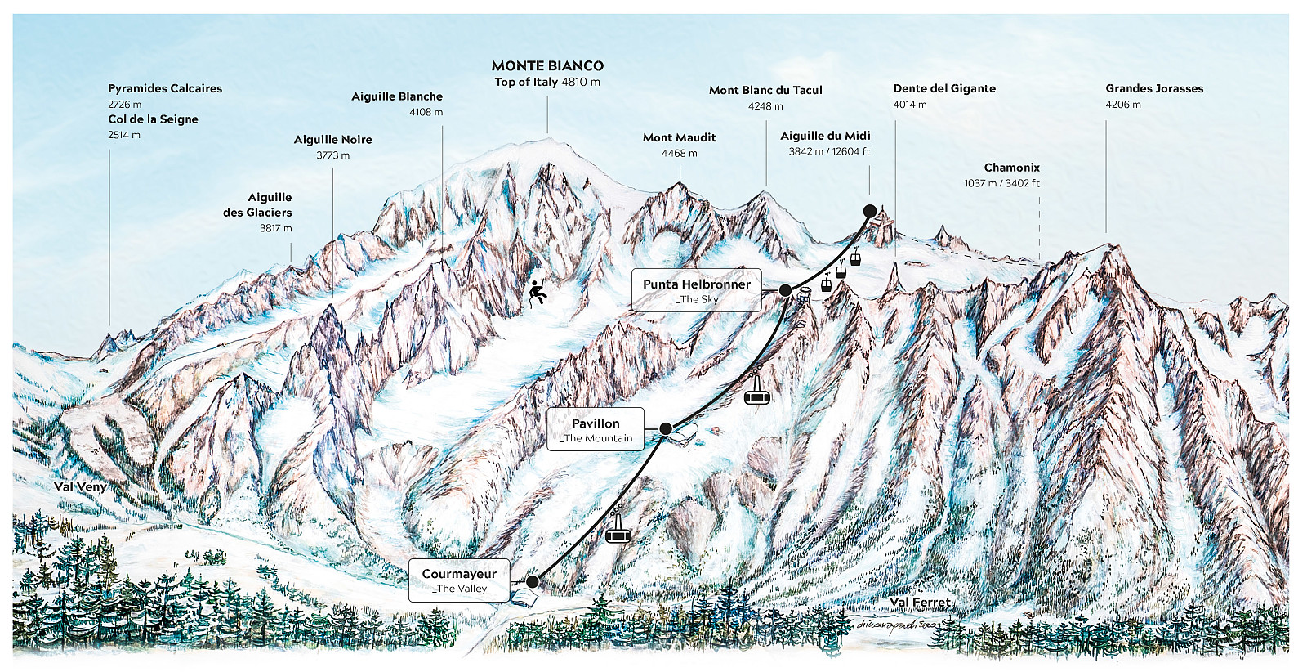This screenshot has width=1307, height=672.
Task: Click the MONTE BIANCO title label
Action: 547,65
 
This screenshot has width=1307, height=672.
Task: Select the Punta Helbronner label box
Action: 697,290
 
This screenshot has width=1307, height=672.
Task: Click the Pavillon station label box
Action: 596,429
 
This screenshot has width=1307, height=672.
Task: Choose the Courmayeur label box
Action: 459,580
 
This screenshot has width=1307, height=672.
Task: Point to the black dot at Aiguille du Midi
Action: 869,211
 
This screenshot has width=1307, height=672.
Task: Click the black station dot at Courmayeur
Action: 532,581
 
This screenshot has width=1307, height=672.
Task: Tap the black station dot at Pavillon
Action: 666,429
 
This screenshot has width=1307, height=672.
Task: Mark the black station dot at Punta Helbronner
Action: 785,290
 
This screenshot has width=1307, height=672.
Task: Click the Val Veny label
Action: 81,487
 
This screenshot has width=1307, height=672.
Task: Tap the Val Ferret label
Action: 920,602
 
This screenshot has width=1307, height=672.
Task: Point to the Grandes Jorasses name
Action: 1154,89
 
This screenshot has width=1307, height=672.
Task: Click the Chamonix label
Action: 1012,168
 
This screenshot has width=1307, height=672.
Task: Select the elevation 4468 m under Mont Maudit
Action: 679,154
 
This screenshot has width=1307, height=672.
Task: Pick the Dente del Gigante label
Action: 944,89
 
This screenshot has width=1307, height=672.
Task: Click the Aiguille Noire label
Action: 332,140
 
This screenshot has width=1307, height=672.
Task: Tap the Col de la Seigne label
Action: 153,119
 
